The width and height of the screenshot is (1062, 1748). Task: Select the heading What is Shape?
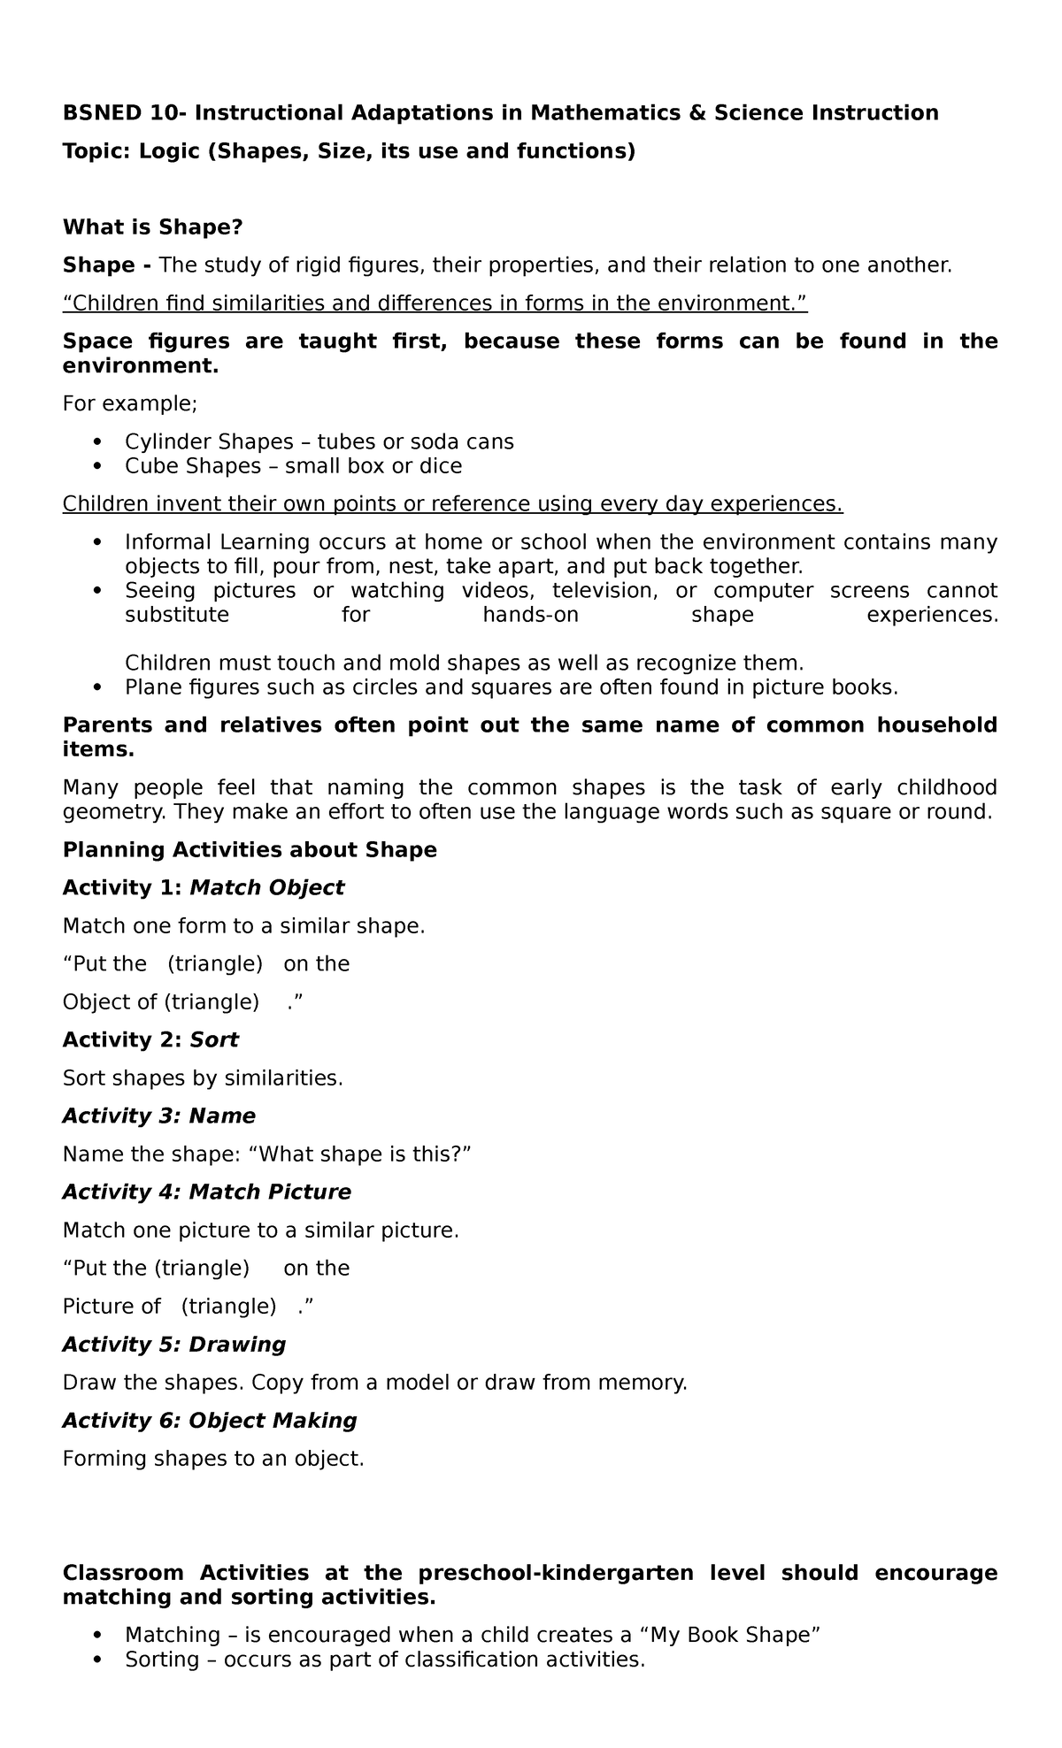[152, 227]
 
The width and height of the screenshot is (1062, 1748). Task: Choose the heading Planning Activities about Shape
[250, 850]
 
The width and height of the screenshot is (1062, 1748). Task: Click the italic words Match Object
[266, 888]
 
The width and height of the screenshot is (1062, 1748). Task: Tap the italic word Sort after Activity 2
[214, 1040]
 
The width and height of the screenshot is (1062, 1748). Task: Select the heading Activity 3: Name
[159, 1116]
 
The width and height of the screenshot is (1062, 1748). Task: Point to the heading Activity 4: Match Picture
[206, 1192]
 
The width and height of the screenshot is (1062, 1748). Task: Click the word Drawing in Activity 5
[237, 1345]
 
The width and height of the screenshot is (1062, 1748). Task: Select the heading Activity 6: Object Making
[210, 1421]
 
